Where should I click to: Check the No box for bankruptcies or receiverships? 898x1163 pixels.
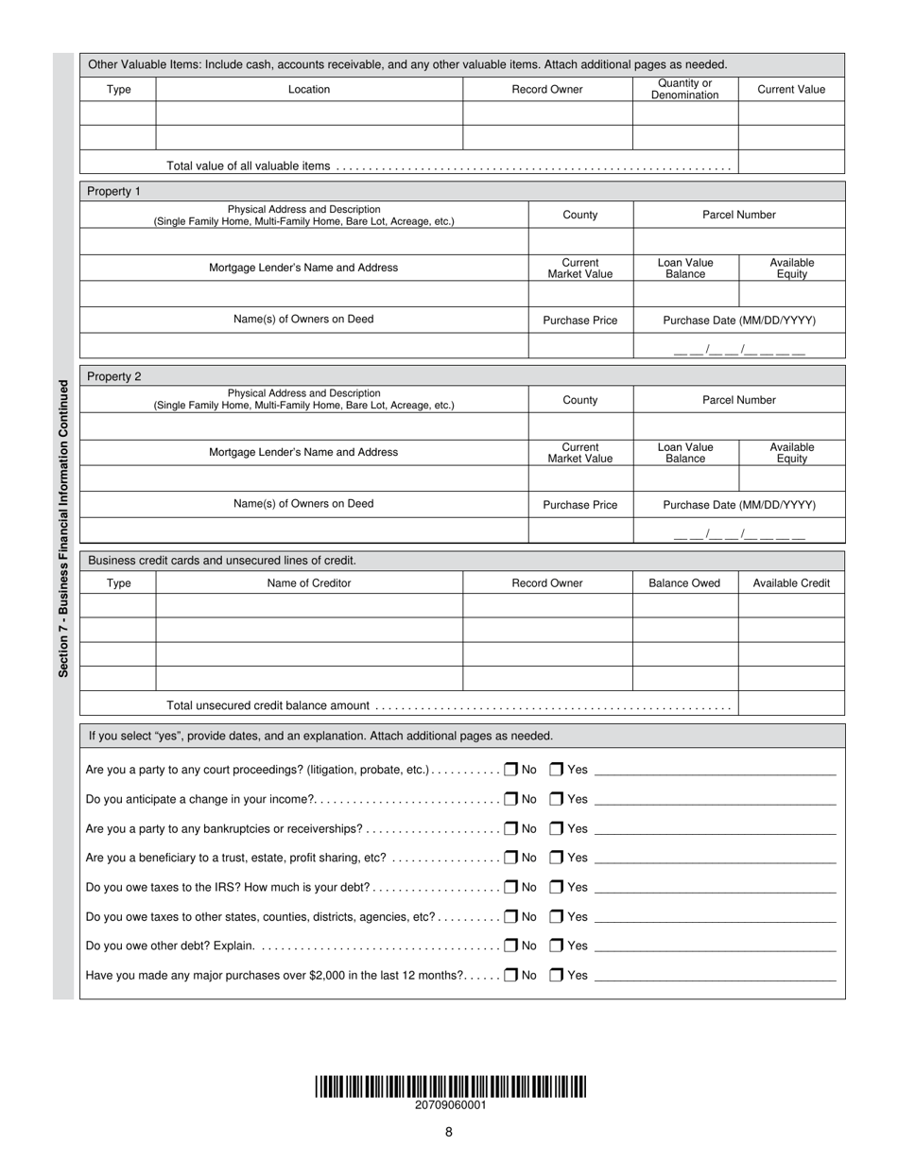(x=510, y=828)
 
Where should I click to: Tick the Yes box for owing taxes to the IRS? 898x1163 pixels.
(x=557, y=887)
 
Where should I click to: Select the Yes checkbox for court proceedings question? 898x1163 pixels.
(x=557, y=770)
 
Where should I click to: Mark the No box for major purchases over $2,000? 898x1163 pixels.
(x=510, y=975)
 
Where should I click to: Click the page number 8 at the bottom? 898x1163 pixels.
(x=449, y=1132)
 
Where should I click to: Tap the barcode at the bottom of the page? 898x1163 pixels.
(x=450, y=1086)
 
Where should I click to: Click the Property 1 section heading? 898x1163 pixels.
(x=113, y=191)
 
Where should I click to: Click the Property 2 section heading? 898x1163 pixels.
(x=113, y=376)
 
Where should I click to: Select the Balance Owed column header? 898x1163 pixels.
(x=684, y=583)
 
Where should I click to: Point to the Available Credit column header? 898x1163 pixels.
(x=791, y=583)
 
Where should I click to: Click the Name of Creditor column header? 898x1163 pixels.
(x=309, y=583)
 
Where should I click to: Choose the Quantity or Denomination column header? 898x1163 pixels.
(x=684, y=89)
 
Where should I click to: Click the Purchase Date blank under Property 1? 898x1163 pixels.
(x=739, y=348)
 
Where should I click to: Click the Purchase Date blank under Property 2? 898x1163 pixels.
(x=739, y=532)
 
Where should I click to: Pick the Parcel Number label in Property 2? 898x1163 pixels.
(x=738, y=400)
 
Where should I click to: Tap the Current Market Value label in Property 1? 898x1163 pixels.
(x=579, y=269)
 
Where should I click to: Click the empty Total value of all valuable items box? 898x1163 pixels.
(x=790, y=163)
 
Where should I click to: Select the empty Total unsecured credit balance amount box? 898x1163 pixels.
(x=790, y=703)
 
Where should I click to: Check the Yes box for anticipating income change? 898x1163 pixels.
(x=557, y=799)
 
